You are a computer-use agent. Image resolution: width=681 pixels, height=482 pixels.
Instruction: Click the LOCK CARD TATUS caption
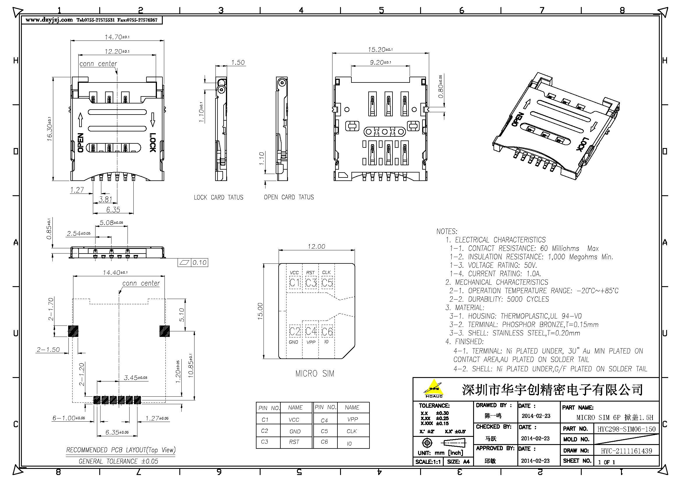(218, 197)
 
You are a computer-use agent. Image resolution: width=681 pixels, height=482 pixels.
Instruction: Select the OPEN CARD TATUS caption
(289, 197)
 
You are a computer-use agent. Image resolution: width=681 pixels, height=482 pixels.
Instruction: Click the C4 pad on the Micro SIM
(311, 331)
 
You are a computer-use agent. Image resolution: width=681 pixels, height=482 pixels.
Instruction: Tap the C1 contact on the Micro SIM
(295, 283)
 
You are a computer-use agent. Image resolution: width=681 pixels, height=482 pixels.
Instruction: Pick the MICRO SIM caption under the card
(314, 373)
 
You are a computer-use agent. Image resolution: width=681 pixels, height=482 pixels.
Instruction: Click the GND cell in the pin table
(295, 431)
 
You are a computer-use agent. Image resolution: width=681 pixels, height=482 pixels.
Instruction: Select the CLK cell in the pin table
(351, 431)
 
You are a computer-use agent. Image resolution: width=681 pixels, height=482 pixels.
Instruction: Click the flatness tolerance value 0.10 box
(199, 262)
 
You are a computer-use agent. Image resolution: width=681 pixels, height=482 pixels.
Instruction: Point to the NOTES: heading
(446, 231)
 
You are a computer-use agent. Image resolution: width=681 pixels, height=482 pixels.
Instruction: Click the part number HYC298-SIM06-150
(626, 429)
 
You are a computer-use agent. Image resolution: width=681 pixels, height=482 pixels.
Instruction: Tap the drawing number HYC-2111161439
(626, 451)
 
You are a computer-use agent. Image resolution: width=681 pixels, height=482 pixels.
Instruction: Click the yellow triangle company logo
(433, 387)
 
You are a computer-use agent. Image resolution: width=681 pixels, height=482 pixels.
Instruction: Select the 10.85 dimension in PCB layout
(190, 365)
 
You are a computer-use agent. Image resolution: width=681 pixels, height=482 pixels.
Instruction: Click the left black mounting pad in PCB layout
(73, 331)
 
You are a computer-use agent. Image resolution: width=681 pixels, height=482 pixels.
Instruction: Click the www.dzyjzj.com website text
(49, 20)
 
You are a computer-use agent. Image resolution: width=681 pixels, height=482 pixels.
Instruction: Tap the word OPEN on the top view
(80, 143)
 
